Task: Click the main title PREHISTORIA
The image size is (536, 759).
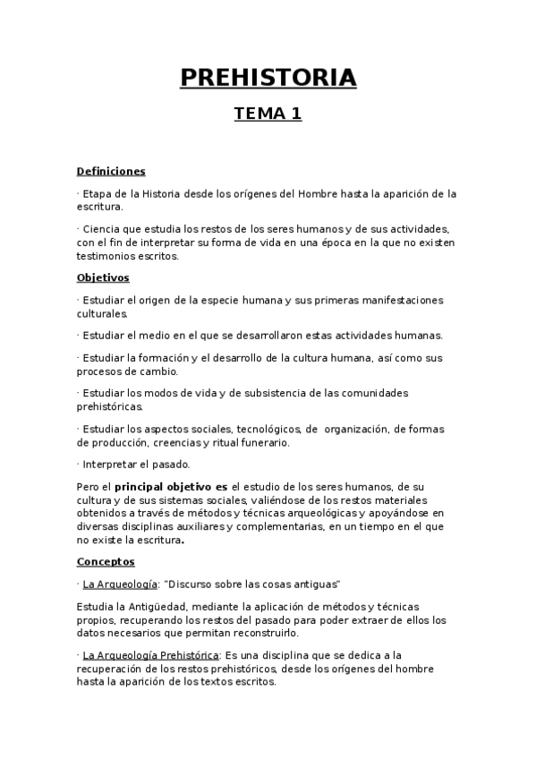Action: tap(268, 78)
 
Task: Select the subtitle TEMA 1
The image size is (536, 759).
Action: tap(268, 114)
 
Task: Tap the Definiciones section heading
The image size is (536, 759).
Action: tap(111, 171)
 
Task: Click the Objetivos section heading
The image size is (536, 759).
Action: tap(103, 277)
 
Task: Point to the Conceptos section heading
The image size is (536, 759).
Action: tap(106, 561)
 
